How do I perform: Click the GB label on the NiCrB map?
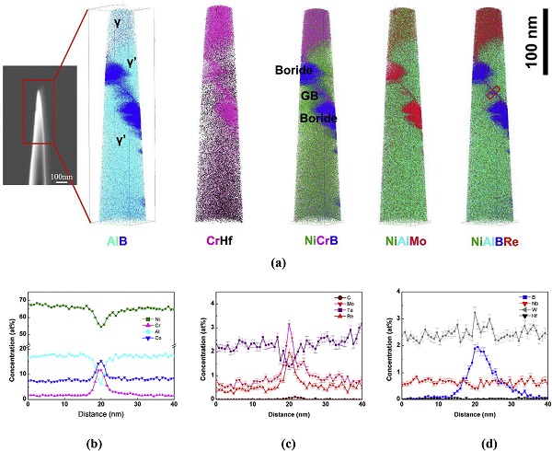pos(297,95)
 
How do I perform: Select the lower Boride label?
pos(317,119)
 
